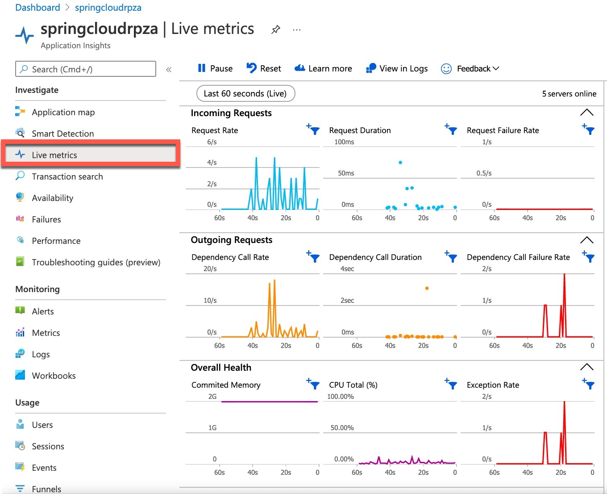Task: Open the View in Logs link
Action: (397, 68)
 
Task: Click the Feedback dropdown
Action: (470, 68)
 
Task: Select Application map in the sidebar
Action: (63, 112)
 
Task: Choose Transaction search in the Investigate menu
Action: (67, 176)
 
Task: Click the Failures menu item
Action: (46, 219)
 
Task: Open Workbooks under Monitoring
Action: (54, 376)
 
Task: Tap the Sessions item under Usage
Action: (48, 446)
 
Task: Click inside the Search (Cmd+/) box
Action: (86, 69)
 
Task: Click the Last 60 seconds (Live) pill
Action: (245, 93)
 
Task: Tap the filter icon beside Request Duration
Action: (451, 130)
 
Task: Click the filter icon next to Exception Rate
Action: (589, 384)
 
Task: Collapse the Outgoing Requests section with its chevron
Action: (586, 240)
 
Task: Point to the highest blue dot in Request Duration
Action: (400, 163)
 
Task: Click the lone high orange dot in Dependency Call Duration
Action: (427, 289)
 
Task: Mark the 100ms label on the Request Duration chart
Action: (344, 142)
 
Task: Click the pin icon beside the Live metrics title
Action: (276, 29)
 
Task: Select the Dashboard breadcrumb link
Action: (37, 8)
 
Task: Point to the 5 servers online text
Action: (569, 94)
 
